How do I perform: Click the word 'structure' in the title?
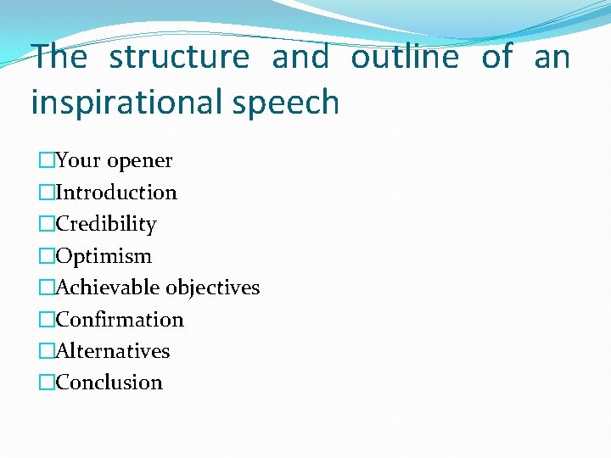(179, 58)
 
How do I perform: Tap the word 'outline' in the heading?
(405, 58)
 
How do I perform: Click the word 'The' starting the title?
(59, 58)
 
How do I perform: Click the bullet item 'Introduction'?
(116, 193)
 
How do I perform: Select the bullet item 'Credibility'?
(106, 224)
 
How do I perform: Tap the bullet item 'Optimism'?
(104, 256)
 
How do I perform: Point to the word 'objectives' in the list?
(213, 288)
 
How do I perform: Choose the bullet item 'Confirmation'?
(120, 320)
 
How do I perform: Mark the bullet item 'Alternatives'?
(113, 351)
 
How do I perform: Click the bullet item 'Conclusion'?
(109, 383)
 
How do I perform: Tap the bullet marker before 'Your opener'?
(46, 161)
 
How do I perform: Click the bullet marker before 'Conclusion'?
(46, 383)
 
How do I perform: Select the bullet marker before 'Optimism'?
(46, 256)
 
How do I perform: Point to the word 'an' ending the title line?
(552, 58)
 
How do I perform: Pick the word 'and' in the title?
(300, 58)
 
